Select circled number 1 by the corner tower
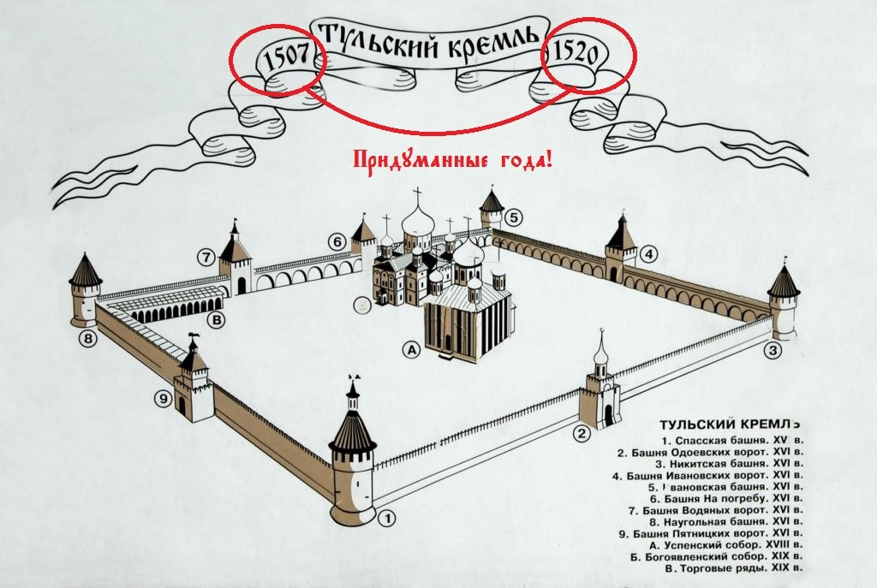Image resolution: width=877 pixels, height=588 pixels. (x=387, y=517)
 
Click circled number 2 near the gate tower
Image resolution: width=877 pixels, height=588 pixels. (x=582, y=433)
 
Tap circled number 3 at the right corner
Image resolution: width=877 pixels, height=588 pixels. (x=773, y=349)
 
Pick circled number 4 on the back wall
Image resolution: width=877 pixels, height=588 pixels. (x=650, y=254)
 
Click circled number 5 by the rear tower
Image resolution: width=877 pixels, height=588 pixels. (x=513, y=217)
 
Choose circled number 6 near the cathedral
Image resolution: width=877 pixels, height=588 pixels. (x=339, y=242)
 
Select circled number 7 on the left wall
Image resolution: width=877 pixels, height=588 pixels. (x=205, y=256)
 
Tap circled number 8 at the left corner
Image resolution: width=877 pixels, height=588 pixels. (x=87, y=339)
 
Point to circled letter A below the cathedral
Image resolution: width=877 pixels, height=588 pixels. (x=412, y=349)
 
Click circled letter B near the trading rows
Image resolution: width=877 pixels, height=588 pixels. (x=217, y=320)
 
